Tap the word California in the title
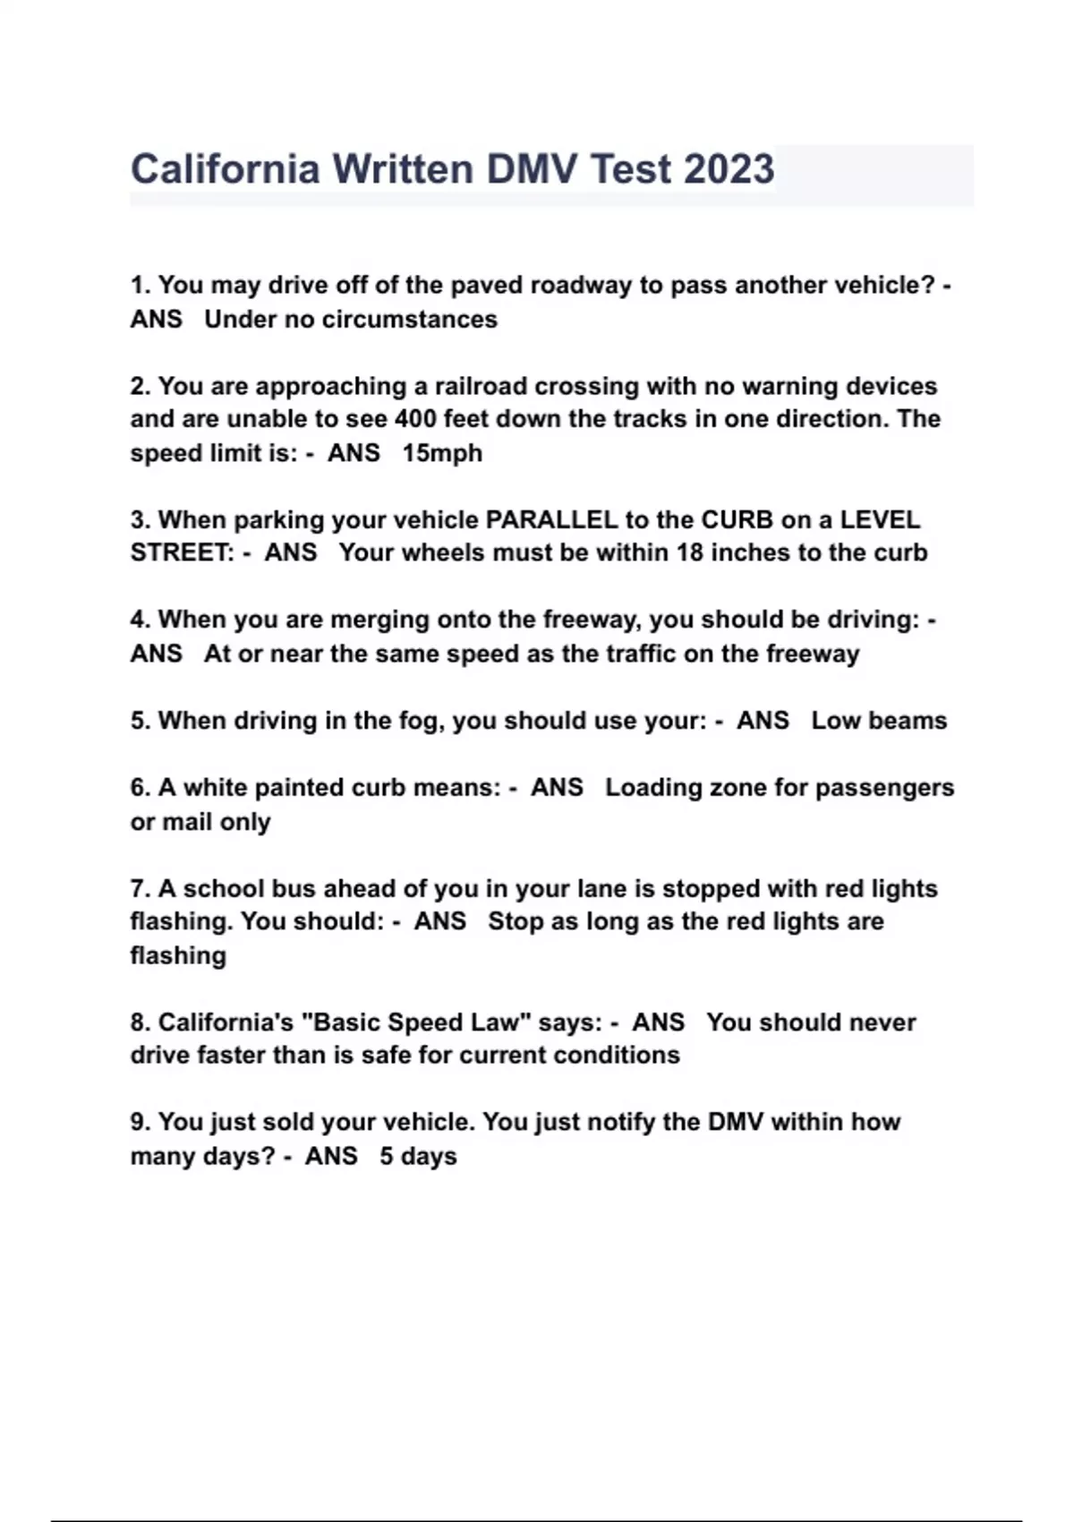point(225,169)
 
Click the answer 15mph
point(442,453)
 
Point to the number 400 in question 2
point(415,419)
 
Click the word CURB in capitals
point(737,520)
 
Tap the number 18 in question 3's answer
point(689,552)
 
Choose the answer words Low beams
point(879,721)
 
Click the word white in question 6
point(215,788)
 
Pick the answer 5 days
point(418,1157)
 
